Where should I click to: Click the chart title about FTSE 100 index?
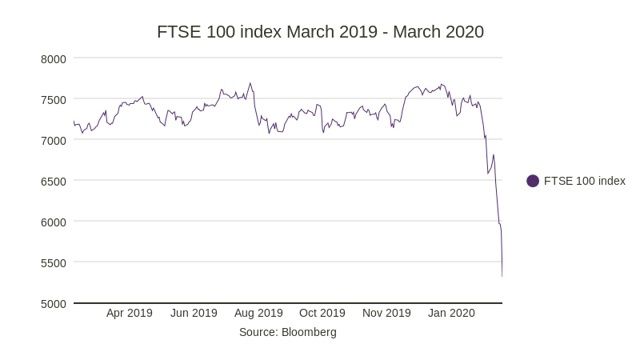click(320, 32)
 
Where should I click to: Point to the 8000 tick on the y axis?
click(54, 58)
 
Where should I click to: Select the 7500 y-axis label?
click(54, 99)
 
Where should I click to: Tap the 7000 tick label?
click(54, 140)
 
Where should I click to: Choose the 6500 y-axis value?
click(54, 181)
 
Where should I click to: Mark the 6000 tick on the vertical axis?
click(54, 222)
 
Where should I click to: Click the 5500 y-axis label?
click(54, 262)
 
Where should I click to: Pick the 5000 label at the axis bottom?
click(54, 303)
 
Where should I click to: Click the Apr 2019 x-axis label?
click(129, 313)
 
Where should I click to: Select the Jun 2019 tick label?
click(194, 313)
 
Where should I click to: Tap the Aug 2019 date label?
click(258, 313)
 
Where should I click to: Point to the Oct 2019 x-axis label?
click(322, 313)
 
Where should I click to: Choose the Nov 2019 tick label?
click(386, 313)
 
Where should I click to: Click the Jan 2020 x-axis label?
click(451, 313)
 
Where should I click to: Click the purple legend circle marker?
click(533, 181)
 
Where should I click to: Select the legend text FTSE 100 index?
click(585, 181)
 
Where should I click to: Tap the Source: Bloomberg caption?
click(288, 332)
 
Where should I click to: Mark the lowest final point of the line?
click(502, 277)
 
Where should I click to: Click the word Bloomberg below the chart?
click(309, 332)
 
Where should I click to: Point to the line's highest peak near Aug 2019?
click(250, 83)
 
